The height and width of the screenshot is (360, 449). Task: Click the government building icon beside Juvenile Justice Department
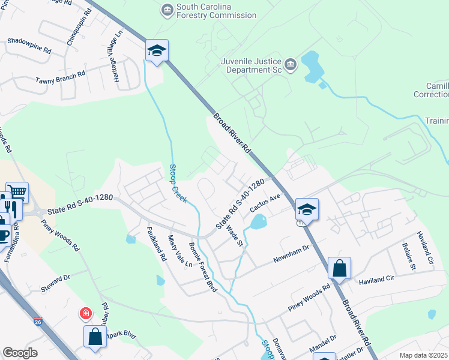[291, 64]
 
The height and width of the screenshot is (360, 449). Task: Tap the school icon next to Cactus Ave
[307, 210]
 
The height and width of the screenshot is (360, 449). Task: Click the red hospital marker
[86, 313]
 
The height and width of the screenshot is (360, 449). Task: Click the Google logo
[20, 352]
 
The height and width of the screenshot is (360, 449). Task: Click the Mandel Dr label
[323, 346]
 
